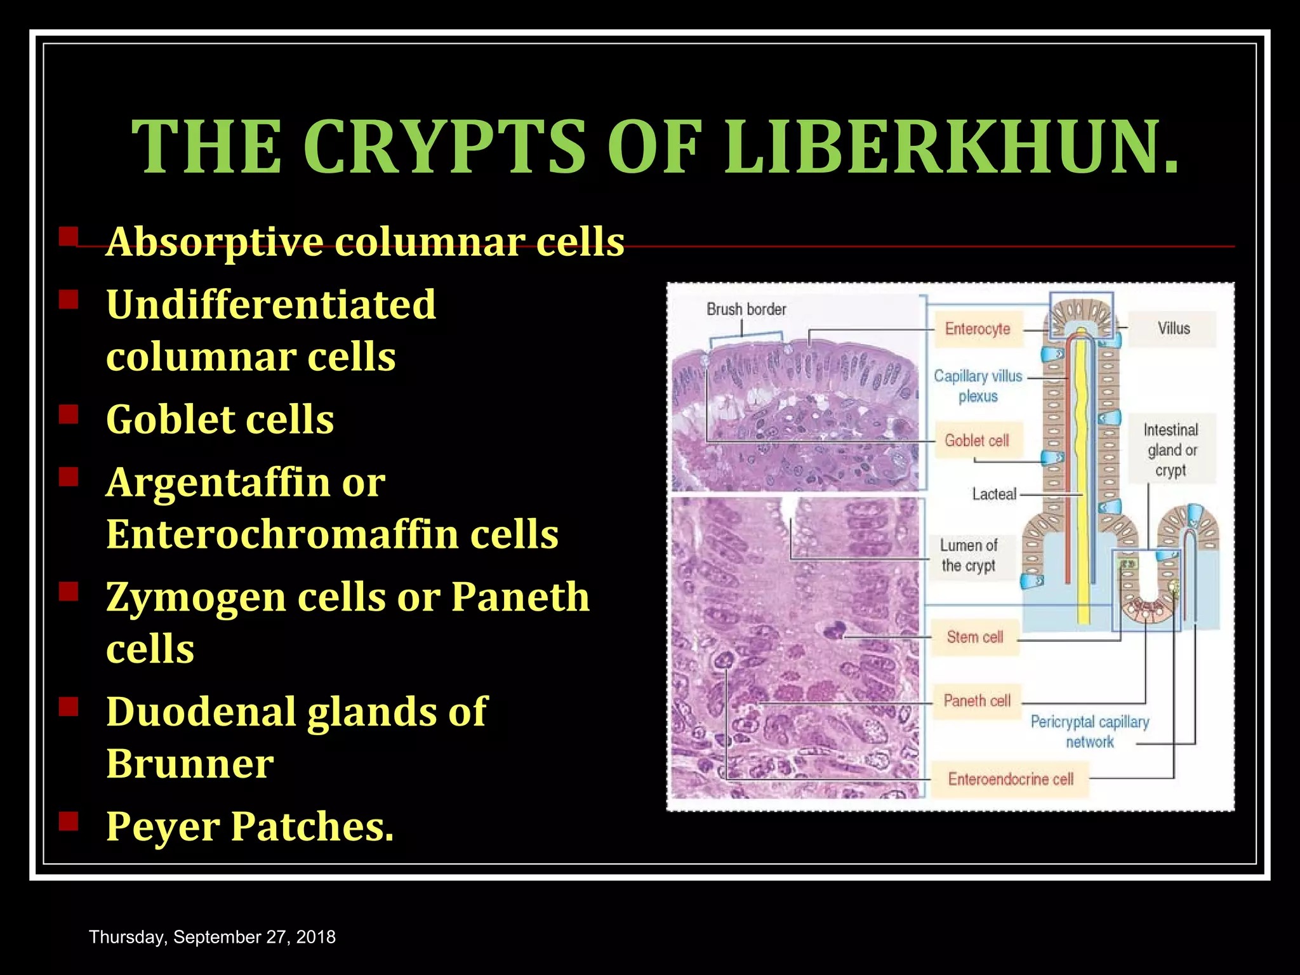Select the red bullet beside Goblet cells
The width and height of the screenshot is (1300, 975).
click(68, 415)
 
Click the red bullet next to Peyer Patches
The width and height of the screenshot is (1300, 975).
click(68, 821)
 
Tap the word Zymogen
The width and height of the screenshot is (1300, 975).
click(196, 597)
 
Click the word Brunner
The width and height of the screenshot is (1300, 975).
click(190, 763)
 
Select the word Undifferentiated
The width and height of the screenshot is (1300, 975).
click(271, 305)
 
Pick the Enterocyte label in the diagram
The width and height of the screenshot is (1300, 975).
click(978, 329)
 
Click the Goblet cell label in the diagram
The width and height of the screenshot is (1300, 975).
click(977, 441)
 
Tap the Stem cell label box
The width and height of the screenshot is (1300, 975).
click(974, 637)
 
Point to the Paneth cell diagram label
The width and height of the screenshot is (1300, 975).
click(977, 701)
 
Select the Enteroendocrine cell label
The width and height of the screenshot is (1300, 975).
click(1011, 779)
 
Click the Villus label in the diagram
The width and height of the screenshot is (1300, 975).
click(1173, 329)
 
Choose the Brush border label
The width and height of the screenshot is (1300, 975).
click(746, 310)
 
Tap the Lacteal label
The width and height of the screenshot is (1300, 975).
click(994, 494)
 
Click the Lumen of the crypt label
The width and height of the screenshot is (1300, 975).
click(969, 555)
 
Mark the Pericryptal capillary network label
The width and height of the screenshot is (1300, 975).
click(1090, 732)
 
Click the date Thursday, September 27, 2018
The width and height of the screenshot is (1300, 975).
click(212, 937)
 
